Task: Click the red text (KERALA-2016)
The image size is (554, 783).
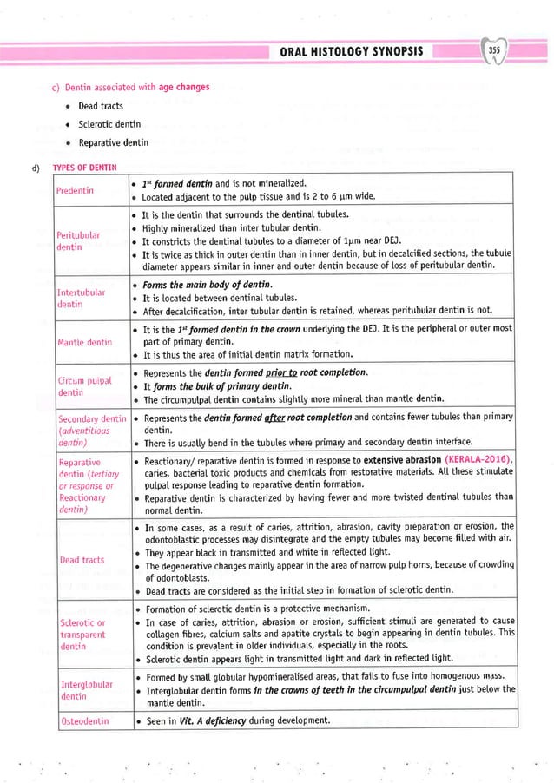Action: point(478,458)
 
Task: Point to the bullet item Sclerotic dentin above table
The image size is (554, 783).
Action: point(109,124)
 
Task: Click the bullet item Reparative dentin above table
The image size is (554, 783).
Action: point(113,141)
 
